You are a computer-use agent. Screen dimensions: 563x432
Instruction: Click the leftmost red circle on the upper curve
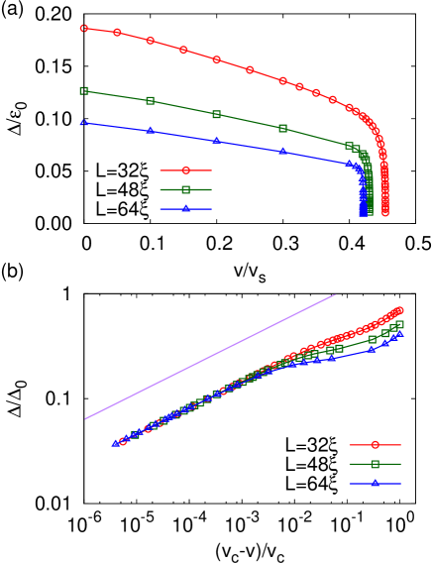(84, 28)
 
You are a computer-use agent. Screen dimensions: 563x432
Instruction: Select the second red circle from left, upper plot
(117, 33)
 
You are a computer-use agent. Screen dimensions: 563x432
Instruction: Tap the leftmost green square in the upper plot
(84, 90)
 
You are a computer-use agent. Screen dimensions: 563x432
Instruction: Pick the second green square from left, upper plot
(150, 100)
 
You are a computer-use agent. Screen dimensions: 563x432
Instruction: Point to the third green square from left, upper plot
(216, 114)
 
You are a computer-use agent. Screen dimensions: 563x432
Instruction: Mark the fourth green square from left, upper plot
(282, 128)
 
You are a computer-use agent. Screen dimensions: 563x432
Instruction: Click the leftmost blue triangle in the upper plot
(84, 123)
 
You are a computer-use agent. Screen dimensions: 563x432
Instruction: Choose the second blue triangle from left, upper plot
(150, 130)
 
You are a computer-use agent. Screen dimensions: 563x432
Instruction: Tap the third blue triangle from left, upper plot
(216, 141)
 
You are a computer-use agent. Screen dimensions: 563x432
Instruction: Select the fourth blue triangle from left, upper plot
(282, 151)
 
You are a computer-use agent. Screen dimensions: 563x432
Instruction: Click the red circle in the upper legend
(185, 170)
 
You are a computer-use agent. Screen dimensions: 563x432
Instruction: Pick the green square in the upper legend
(185, 189)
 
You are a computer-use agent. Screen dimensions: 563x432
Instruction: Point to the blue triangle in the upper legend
(185, 208)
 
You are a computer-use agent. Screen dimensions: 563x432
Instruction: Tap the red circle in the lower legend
(375, 445)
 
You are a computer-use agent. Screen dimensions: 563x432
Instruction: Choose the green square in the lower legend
(375, 464)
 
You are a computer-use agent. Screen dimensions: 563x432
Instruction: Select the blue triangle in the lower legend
(375, 484)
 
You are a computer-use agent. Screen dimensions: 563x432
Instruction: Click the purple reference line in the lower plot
(210, 357)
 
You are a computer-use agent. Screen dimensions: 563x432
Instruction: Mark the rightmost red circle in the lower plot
(399, 310)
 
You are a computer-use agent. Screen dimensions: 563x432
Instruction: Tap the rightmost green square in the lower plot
(399, 324)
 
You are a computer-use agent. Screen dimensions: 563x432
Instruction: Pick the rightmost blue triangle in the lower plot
(399, 335)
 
